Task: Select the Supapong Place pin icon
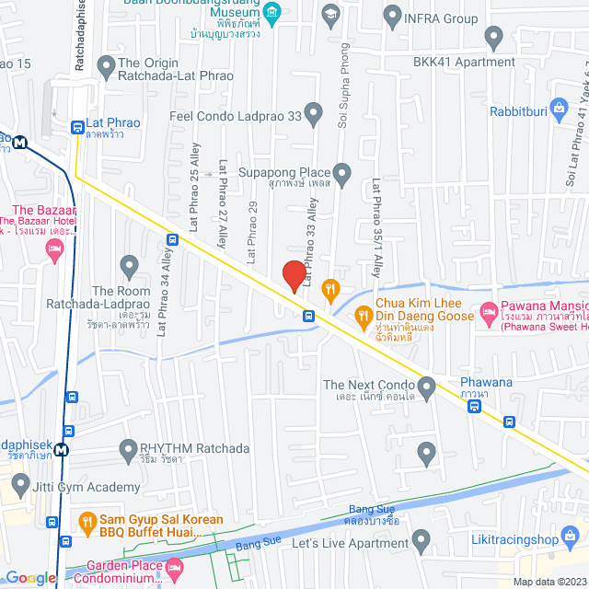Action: pos(342,172)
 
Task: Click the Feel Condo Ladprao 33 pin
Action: pos(314,116)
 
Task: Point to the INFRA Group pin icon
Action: pos(393,17)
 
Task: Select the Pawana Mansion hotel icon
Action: pos(487,316)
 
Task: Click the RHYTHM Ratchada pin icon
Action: pos(129,448)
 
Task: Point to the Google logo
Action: pos(30,577)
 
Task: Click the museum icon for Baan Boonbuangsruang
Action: pos(271,13)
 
